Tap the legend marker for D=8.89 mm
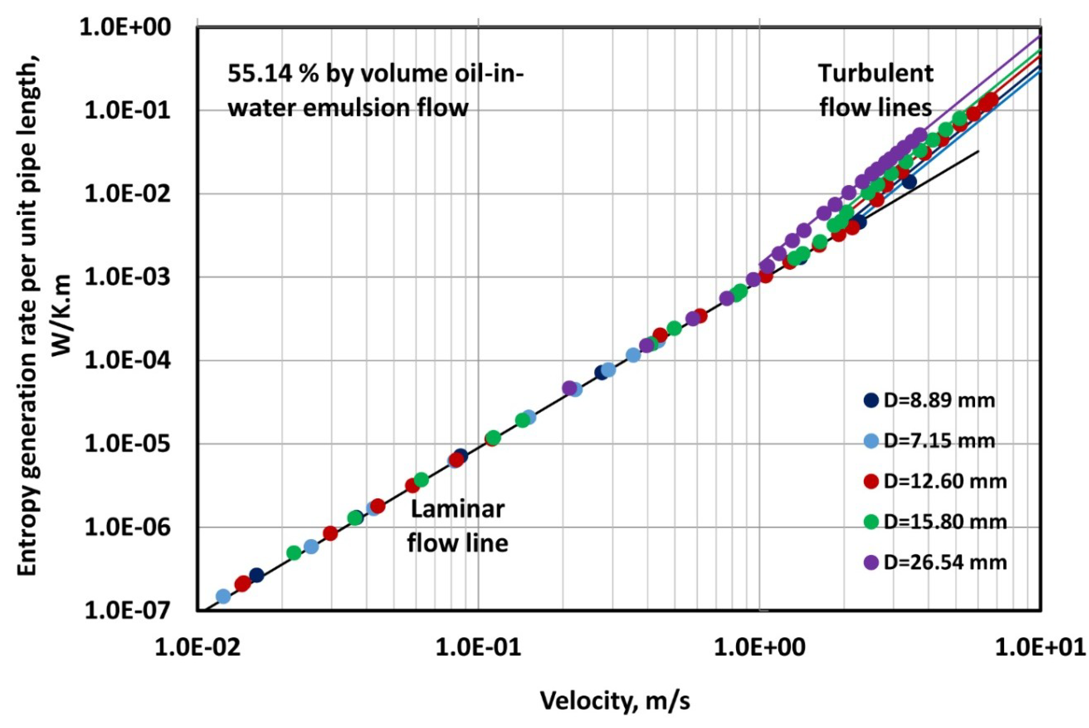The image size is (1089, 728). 871,400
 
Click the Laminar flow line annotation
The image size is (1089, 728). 457,526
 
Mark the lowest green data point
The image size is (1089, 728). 294,553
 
